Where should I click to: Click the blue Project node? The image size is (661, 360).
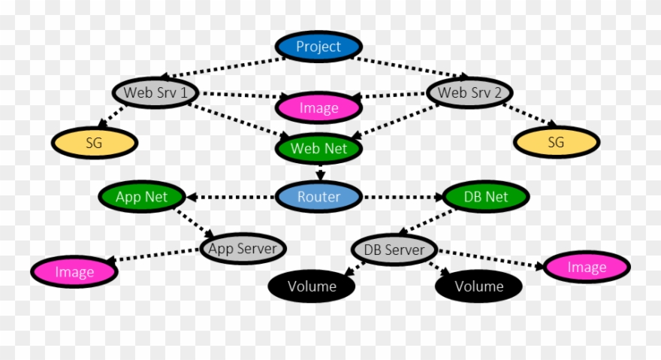click(318, 47)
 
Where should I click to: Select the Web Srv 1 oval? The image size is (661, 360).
click(156, 93)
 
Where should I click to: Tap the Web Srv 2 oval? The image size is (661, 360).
click(470, 93)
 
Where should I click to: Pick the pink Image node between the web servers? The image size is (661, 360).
click(318, 108)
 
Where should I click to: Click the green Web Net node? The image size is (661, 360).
click(318, 148)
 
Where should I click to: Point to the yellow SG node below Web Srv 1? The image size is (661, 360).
click(94, 141)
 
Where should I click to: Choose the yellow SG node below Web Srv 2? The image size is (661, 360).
click(556, 141)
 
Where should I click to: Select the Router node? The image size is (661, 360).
click(318, 197)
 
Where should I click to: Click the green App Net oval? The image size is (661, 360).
click(142, 197)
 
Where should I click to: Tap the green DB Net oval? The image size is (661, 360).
click(486, 197)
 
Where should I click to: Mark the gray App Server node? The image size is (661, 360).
click(243, 248)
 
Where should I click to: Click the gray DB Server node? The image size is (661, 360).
click(394, 250)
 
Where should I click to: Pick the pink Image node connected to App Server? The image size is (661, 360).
click(74, 271)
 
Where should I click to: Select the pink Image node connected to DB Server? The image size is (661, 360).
click(587, 267)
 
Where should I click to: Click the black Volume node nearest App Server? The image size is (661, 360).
click(312, 286)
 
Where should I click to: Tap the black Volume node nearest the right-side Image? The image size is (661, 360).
click(479, 286)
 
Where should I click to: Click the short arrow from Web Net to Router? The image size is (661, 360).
click(320, 172)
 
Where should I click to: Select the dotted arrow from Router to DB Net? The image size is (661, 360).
click(403, 197)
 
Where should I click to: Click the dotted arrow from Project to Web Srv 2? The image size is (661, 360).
click(413, 67)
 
